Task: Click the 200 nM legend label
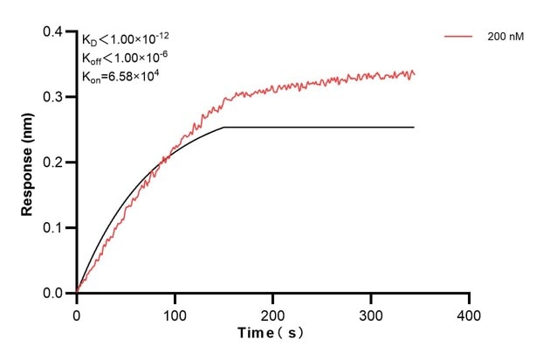click(505, 38)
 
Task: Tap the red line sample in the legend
click(459, 38)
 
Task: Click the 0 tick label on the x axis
click(77, 313)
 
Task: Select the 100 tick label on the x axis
click(175, 313)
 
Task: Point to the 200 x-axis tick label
click(273, 313)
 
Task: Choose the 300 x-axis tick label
click(371, 313)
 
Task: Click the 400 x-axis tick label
click(470, 313)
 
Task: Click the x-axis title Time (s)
click(272, 334)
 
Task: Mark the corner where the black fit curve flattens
click(224, 128)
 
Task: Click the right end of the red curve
click(414, 74)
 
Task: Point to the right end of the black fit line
click(414, 128)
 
